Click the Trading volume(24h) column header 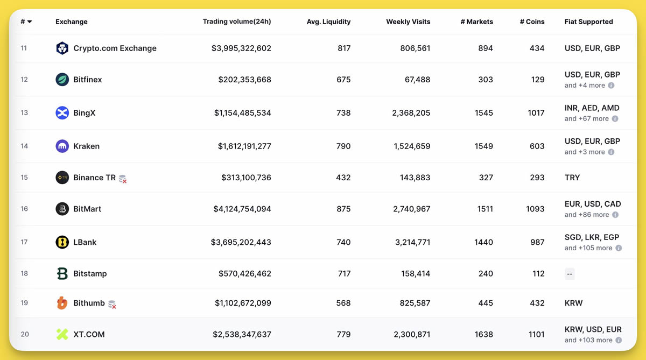[x=236, y=22]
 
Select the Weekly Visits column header [x=408, y=22]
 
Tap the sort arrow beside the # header [x=30, y=22]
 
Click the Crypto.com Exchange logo [x=62, y=48]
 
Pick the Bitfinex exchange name [x=88, y=80]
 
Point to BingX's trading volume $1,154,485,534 [x=242, y=113]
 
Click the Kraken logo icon [x=62, y=146]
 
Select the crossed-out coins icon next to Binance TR [x=123, y=179]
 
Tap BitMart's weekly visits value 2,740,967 [x=412, y=209]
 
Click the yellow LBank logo [x=62, y=242]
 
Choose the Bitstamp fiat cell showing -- [x=570, y=274]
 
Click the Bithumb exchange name [x=89, y=303]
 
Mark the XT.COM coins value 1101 [x=536, y=334]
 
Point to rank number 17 [x=24, y=242]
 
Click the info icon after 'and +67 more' [x=615, y=119]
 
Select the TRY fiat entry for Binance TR [x=572, y=178]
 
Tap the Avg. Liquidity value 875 [x=343, y=209]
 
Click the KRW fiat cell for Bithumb [x=573, y=303]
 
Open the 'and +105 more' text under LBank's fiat [x=588, y=248]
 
